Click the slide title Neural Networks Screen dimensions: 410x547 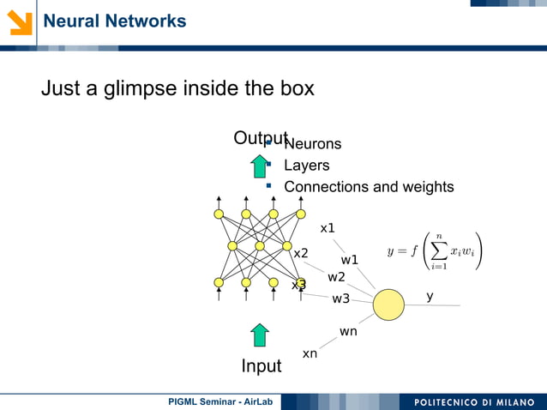[114, 21]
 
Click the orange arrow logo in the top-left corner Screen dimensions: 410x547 [20, 21]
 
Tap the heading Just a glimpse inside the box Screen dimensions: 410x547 [177, 87]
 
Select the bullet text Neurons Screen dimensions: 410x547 [312, 144]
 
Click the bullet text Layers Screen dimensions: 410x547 [306, 166]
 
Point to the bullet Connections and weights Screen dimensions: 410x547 [369, 187]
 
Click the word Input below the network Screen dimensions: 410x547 [261, 366]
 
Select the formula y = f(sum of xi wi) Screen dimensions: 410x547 [434, 251]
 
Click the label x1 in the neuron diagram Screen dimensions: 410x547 [328, 228]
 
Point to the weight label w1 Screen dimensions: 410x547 [350, 260]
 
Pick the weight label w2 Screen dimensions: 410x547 [336, 277]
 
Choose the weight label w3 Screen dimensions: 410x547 [341, 298]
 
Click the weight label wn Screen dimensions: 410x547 [348, 331]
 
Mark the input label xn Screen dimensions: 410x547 [310, 353]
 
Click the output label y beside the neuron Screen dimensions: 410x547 [430, 296]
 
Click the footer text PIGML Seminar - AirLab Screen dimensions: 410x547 [220, 401]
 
